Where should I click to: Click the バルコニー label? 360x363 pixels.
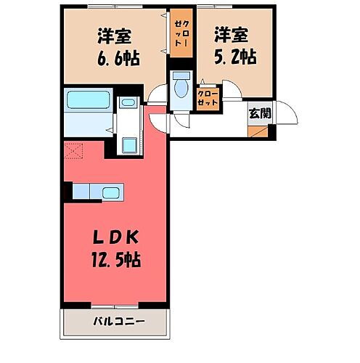pos(118,320)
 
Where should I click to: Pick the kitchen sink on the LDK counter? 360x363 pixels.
pos(112,192)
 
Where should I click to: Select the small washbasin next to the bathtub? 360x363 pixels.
pos(128,102)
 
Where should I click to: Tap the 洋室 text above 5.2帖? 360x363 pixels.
pos(230,33)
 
